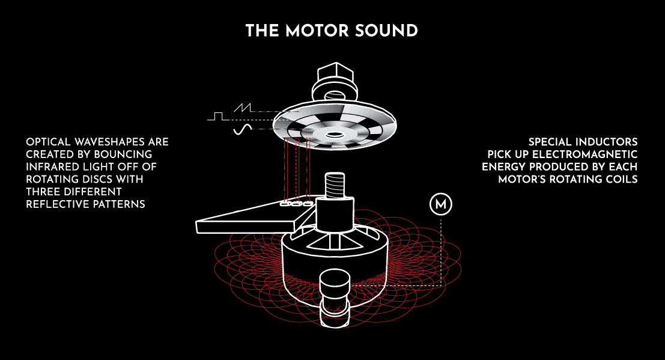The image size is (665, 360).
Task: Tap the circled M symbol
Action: tap(441, 205)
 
